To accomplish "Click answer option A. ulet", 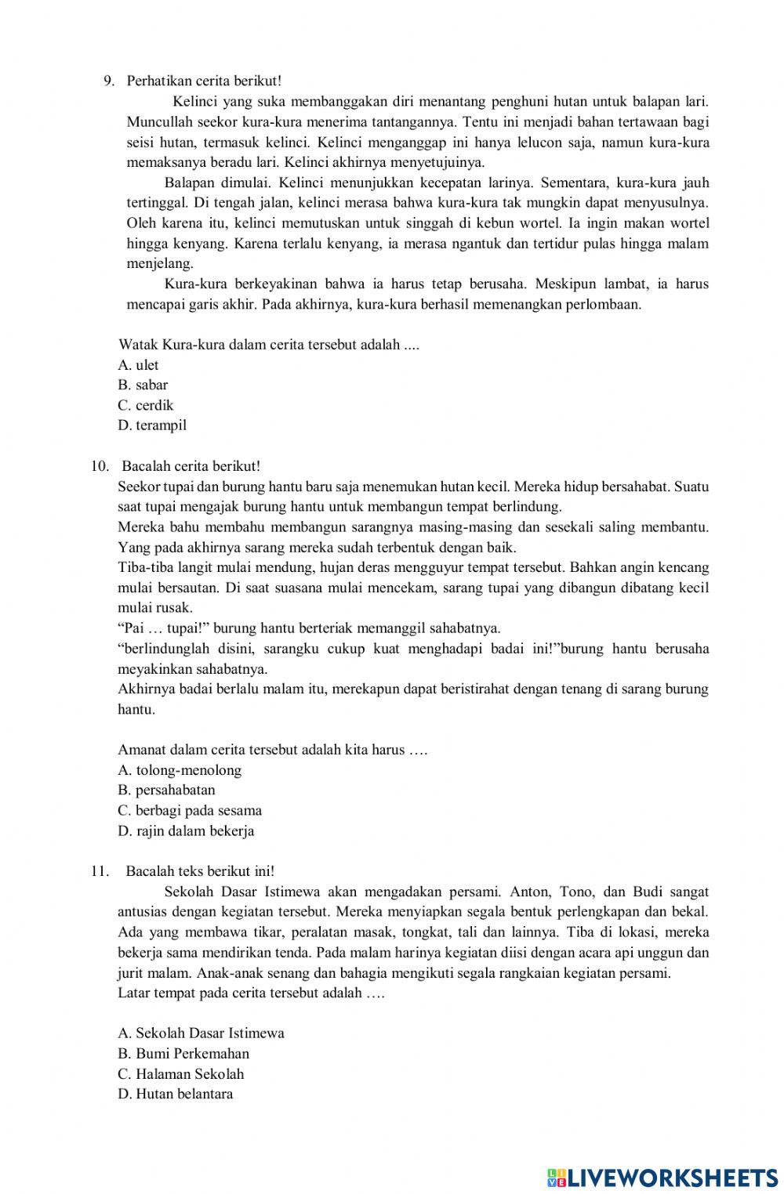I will click(138, 365).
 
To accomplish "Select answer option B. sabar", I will click(143, 385).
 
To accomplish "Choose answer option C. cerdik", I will click(146, 406).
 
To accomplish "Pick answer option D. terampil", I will click(152, 426).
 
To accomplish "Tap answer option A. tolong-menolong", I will click(180, 770).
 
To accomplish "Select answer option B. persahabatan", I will click(166, 791).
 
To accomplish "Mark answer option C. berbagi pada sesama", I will click(190, 811).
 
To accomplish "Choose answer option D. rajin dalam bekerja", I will click(186, 831).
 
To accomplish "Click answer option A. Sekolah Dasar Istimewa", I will click(201, 1033).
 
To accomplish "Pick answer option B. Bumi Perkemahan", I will click(183, 1054).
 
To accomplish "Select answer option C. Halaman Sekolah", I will click(181, 1074).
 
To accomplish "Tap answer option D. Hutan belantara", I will click(176, 1094).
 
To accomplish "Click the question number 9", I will click(109, 81).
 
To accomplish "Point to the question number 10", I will click(100, 467).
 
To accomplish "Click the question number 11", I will click(99, 871).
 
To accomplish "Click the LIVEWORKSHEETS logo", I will click(662, 1178).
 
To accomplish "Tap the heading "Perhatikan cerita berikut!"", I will click(204, 81).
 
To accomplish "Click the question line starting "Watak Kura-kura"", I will click(268, 345).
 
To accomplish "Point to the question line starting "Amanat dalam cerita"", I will click(272, 750).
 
